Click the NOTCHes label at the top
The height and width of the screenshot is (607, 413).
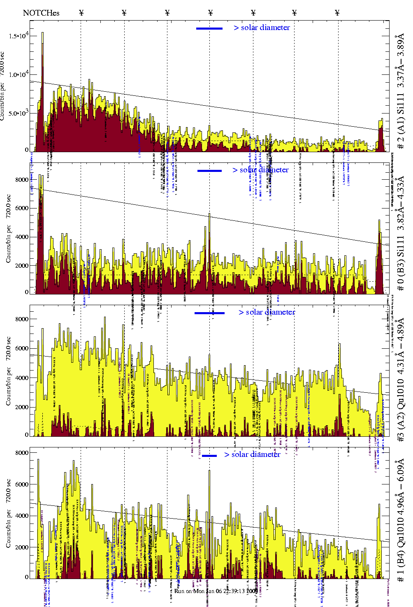(x=41, y=13)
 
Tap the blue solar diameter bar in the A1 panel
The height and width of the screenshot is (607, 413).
(x=209, y=28)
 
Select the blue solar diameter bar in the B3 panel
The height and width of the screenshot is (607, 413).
(x=209, y=171)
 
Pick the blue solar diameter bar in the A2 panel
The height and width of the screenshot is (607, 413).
(x=209, y=313)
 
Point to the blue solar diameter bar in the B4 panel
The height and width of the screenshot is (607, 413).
(x=209, y=456)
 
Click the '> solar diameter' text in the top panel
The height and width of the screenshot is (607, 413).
(x=262, y=28)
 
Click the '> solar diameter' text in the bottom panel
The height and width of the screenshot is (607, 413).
(x=253, y=454)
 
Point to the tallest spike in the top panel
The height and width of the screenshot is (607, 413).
(x=42, y=33)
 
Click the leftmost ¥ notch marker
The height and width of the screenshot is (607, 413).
(x=81, y=13)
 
